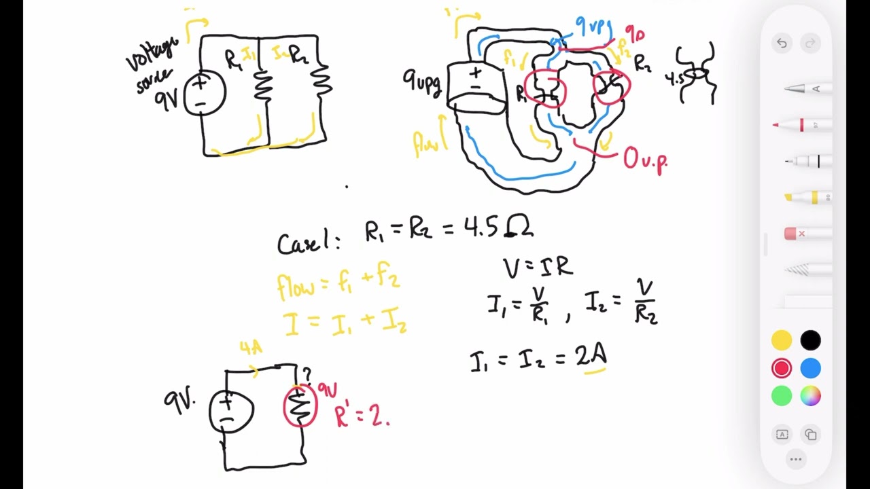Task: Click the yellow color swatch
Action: (x=782, y=340)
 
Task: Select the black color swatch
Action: (x=810, y=340)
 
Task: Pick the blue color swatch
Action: (x=810, y=368)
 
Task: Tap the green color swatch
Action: (x=782, y=396)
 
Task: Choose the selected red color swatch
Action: (x=782, y=368)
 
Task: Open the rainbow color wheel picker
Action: (x=810, y=396)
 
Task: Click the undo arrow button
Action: (x=782, y=43)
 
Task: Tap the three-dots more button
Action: (x=796, y=460)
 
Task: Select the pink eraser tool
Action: (x=802, y=234)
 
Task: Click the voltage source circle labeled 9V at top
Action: (x=204, y=93)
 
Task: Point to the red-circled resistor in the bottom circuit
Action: (x=300, y=405)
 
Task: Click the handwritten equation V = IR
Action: (x=537, y=266)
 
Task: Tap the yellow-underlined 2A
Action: (x=591, y=357)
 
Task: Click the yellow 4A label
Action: (x=251, y=348)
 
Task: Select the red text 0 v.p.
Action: (x=645, y=161)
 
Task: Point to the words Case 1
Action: (x=308, y=242)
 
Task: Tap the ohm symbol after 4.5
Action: (x=519, y=228)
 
